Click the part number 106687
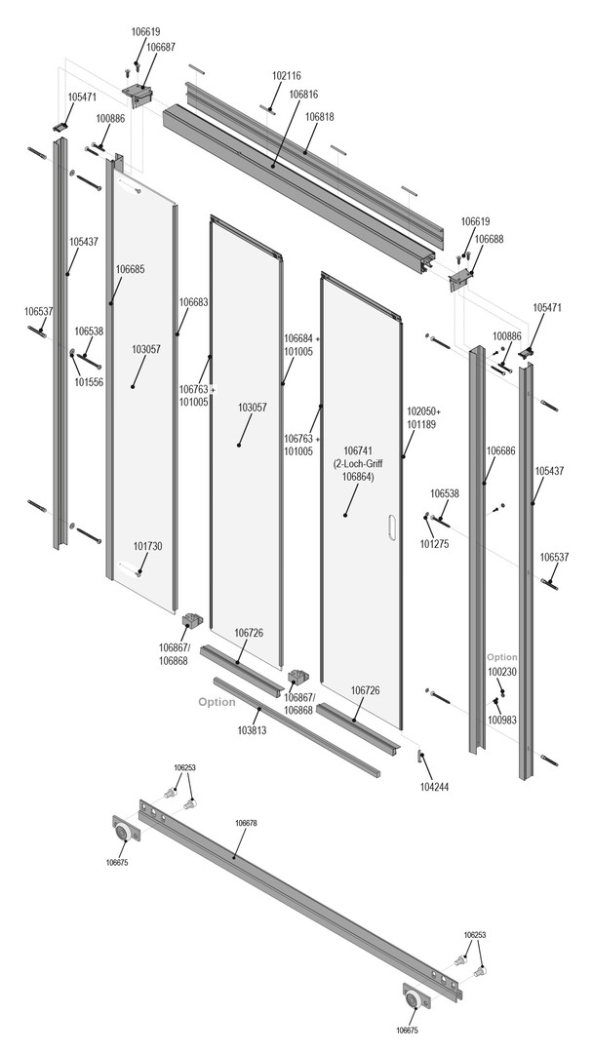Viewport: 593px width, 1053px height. [x=160, y=47]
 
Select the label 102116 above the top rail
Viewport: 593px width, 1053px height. [x=287, y=75]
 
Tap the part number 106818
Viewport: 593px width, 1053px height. [x=319, y=116]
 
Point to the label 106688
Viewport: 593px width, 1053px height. [x=489, y=239]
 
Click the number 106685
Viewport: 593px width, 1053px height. [x=130, y=269]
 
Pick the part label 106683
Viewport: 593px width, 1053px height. [x=193, y=302]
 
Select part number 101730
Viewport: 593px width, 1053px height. [x=147, y=547]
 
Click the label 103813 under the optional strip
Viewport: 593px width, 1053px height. [x=253, y=729]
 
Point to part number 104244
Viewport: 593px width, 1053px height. [x=434, y=786]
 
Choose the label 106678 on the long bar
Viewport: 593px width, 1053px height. [x=246, y=823]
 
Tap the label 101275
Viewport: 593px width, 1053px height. [x=434, y=544]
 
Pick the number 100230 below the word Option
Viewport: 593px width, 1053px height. [x=502, y=672]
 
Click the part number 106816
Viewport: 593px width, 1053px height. [x=303, y=95]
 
